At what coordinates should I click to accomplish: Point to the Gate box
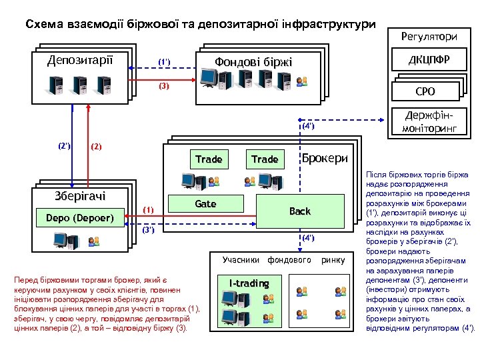205,204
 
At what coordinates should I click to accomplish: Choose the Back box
299,211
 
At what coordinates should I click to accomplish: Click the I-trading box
249,283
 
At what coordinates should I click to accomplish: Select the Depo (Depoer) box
80,218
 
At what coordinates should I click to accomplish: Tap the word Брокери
325,159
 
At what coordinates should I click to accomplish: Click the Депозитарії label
80,61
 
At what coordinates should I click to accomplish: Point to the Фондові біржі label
253,63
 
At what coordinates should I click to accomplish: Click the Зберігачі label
80,196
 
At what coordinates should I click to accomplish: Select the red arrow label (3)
164,87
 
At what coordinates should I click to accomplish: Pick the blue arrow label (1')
164,63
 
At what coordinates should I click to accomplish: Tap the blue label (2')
64,145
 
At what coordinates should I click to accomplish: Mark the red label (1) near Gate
148,210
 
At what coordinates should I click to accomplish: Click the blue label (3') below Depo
148,231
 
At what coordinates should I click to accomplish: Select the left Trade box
209,159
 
